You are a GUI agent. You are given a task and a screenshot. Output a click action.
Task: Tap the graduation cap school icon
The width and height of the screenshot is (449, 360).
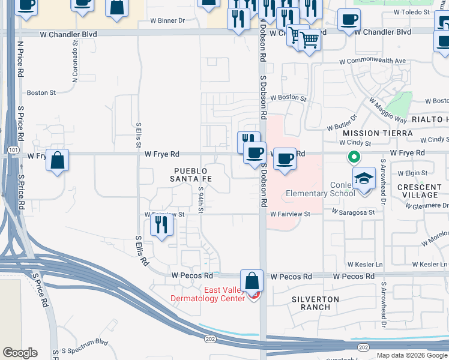point(364,179)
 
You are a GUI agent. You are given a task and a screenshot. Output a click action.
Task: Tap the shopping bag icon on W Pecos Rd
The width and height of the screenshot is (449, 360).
point(252,281)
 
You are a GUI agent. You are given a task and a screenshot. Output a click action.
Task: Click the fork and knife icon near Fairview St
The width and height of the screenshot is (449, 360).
point(162,224)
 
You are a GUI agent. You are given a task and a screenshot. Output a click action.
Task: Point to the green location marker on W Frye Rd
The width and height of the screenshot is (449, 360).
point(354,158)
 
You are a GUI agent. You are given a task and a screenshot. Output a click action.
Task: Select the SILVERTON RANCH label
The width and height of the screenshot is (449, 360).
point(316,303)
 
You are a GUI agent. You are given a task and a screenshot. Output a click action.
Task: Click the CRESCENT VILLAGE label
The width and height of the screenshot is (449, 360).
point(418,191)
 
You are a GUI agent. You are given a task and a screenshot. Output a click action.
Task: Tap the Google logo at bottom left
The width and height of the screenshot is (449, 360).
point(20,353)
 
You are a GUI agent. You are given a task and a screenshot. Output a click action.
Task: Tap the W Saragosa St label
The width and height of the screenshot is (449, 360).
point(354,212)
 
